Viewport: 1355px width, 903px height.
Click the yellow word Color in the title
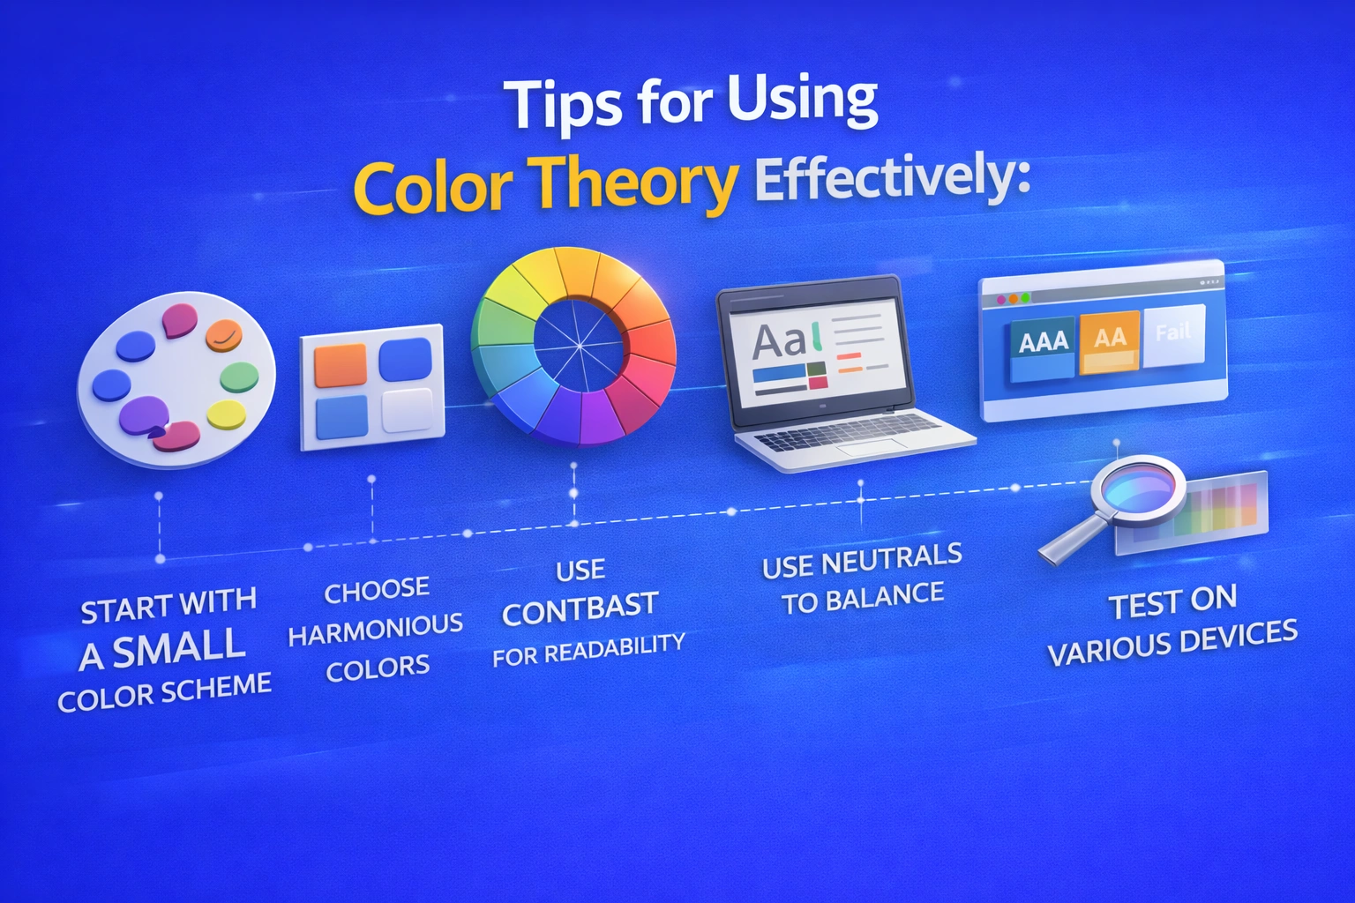(x=432, y=188)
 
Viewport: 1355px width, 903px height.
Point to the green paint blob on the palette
(x=238, y=377)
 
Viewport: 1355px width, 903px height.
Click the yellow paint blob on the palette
(x=226, y=414)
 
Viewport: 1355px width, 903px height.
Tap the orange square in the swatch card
(x=341, y=365)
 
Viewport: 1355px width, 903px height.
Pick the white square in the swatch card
(x=407, y=410)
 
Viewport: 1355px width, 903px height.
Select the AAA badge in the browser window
(x=1043, y=341)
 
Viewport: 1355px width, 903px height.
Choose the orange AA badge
(x=1110, y=338)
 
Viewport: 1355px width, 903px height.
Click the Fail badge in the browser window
(x=1173, y=332)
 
